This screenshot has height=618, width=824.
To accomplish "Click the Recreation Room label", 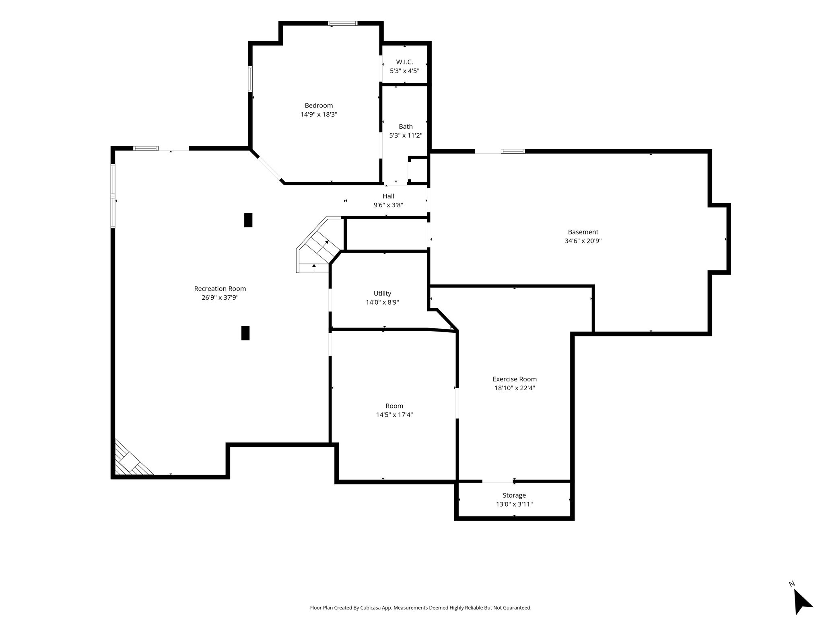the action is point(220,288).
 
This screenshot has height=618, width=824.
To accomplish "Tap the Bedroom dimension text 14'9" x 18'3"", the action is point(319,114).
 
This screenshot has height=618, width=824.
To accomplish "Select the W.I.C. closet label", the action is point(404,62).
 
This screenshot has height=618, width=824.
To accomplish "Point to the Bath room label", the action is point(406,126).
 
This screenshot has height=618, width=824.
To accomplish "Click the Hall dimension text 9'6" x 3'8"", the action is point(388,205).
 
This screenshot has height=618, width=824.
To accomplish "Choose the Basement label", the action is point(583,232).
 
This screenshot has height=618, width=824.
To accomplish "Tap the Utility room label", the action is point(382,293).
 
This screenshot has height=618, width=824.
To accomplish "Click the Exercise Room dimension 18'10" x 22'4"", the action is point(515,388).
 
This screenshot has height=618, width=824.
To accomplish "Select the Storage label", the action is point(514,495).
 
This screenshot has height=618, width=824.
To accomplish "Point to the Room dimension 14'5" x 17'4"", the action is point(394,415).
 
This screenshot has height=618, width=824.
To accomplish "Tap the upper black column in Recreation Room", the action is point(248,220).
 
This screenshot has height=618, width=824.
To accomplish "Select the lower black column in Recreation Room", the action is point(245,333).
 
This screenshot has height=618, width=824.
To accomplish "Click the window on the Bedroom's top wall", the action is point(343,23).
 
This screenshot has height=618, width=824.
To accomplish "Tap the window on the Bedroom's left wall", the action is point(250,79).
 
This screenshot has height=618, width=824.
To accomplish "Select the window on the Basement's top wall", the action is point(513,151).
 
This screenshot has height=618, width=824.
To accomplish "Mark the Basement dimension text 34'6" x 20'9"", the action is point(583,241).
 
